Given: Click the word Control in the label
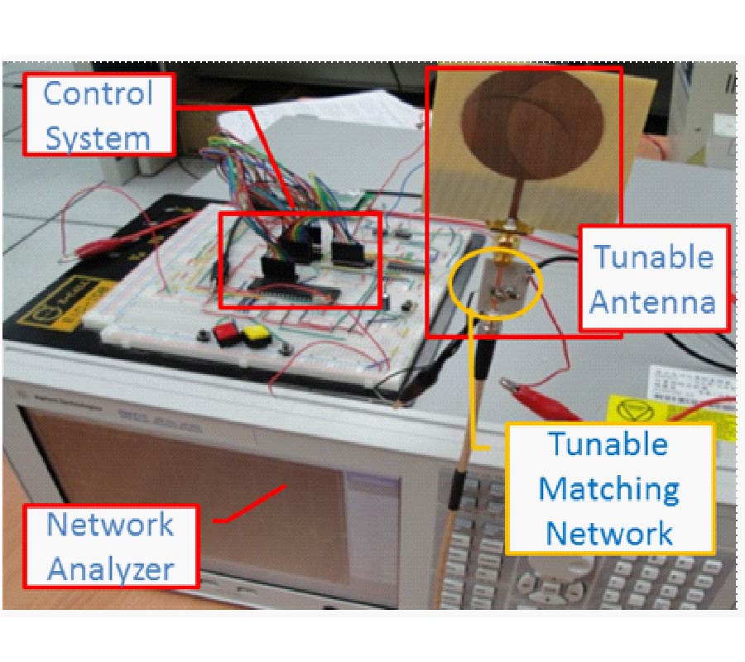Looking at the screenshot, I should click(98, 93).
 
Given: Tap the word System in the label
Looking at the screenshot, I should click(98, 137).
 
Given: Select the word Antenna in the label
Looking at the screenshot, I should click(653, 302).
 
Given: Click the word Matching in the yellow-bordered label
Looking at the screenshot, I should click(609, 489).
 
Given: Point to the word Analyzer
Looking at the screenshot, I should click(110, 568).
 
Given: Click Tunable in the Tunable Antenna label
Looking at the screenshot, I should click(653, 257).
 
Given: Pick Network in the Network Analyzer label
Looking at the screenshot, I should click(110, 525).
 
